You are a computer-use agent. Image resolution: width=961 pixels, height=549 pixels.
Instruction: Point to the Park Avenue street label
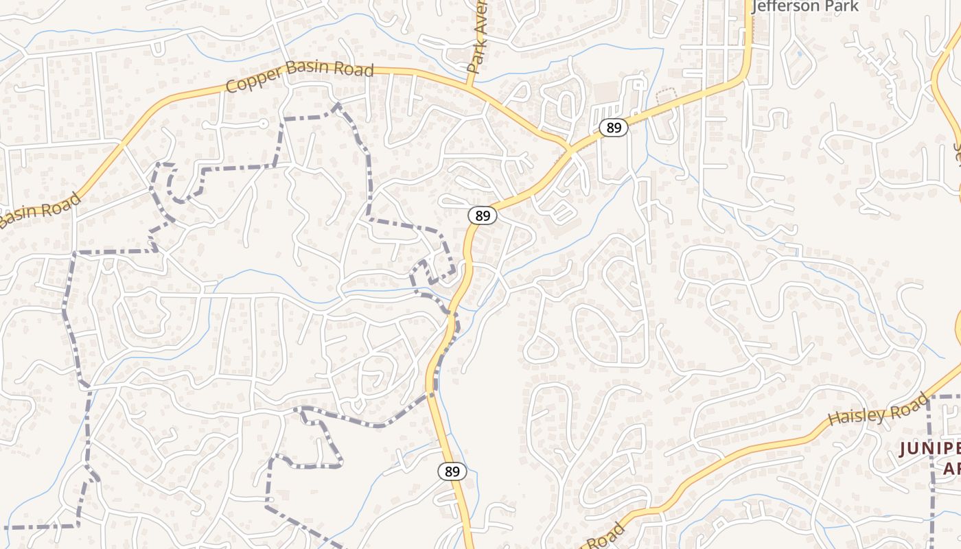point(477,38)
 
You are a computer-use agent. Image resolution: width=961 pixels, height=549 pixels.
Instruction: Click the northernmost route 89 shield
point(613,128)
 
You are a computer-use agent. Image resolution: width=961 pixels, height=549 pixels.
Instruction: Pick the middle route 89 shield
point(483,215)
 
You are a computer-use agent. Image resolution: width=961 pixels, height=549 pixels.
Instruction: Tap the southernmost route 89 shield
point(452,471)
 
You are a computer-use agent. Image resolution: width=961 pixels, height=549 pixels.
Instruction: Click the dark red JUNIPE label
point(929,449)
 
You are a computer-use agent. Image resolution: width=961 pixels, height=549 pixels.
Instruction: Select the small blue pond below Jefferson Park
point(798,53)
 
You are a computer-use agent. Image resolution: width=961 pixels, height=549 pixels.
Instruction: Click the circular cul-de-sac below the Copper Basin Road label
point(264,124)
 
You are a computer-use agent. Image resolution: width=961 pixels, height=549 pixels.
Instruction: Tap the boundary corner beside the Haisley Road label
point(929,397)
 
